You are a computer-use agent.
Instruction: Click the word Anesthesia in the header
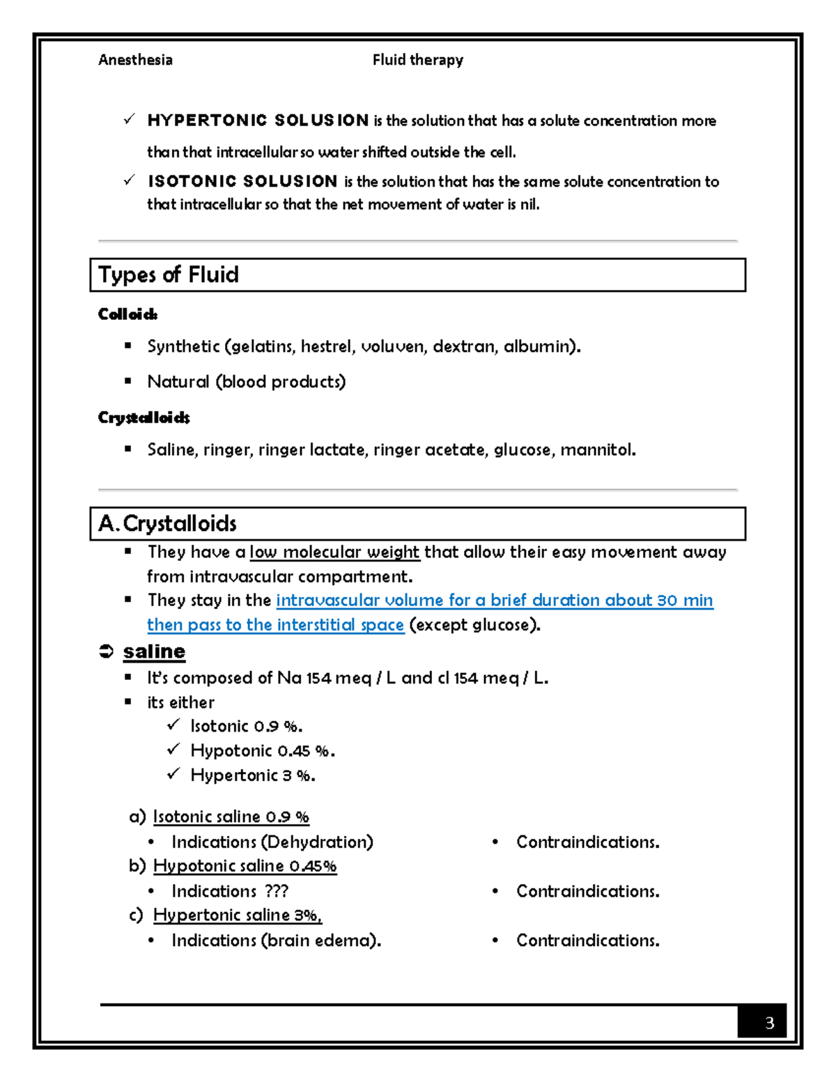click(135, 60)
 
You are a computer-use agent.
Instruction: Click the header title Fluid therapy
click(417, 60)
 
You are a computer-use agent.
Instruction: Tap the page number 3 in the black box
click(769, 1023)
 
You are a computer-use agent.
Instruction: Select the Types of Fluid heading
click(169, 275)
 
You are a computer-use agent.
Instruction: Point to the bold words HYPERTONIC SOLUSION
click(258, 121)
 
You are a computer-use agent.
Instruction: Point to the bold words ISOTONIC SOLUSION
click(242, 181)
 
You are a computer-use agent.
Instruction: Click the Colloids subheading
click(127, 314)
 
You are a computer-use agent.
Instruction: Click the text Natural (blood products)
click(246, 382)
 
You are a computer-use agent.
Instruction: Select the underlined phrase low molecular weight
click(334, 552)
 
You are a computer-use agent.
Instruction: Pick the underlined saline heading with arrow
click(154, 651)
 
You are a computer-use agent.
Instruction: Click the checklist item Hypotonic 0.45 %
click(262, 750)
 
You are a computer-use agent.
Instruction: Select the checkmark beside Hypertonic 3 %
click(173, 774)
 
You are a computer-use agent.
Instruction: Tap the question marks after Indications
click(277, 891)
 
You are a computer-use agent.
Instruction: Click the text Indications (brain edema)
click(276, 941)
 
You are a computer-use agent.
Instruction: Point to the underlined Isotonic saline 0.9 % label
click(231, 817)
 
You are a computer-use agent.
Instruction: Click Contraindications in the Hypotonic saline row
click(587, 891)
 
